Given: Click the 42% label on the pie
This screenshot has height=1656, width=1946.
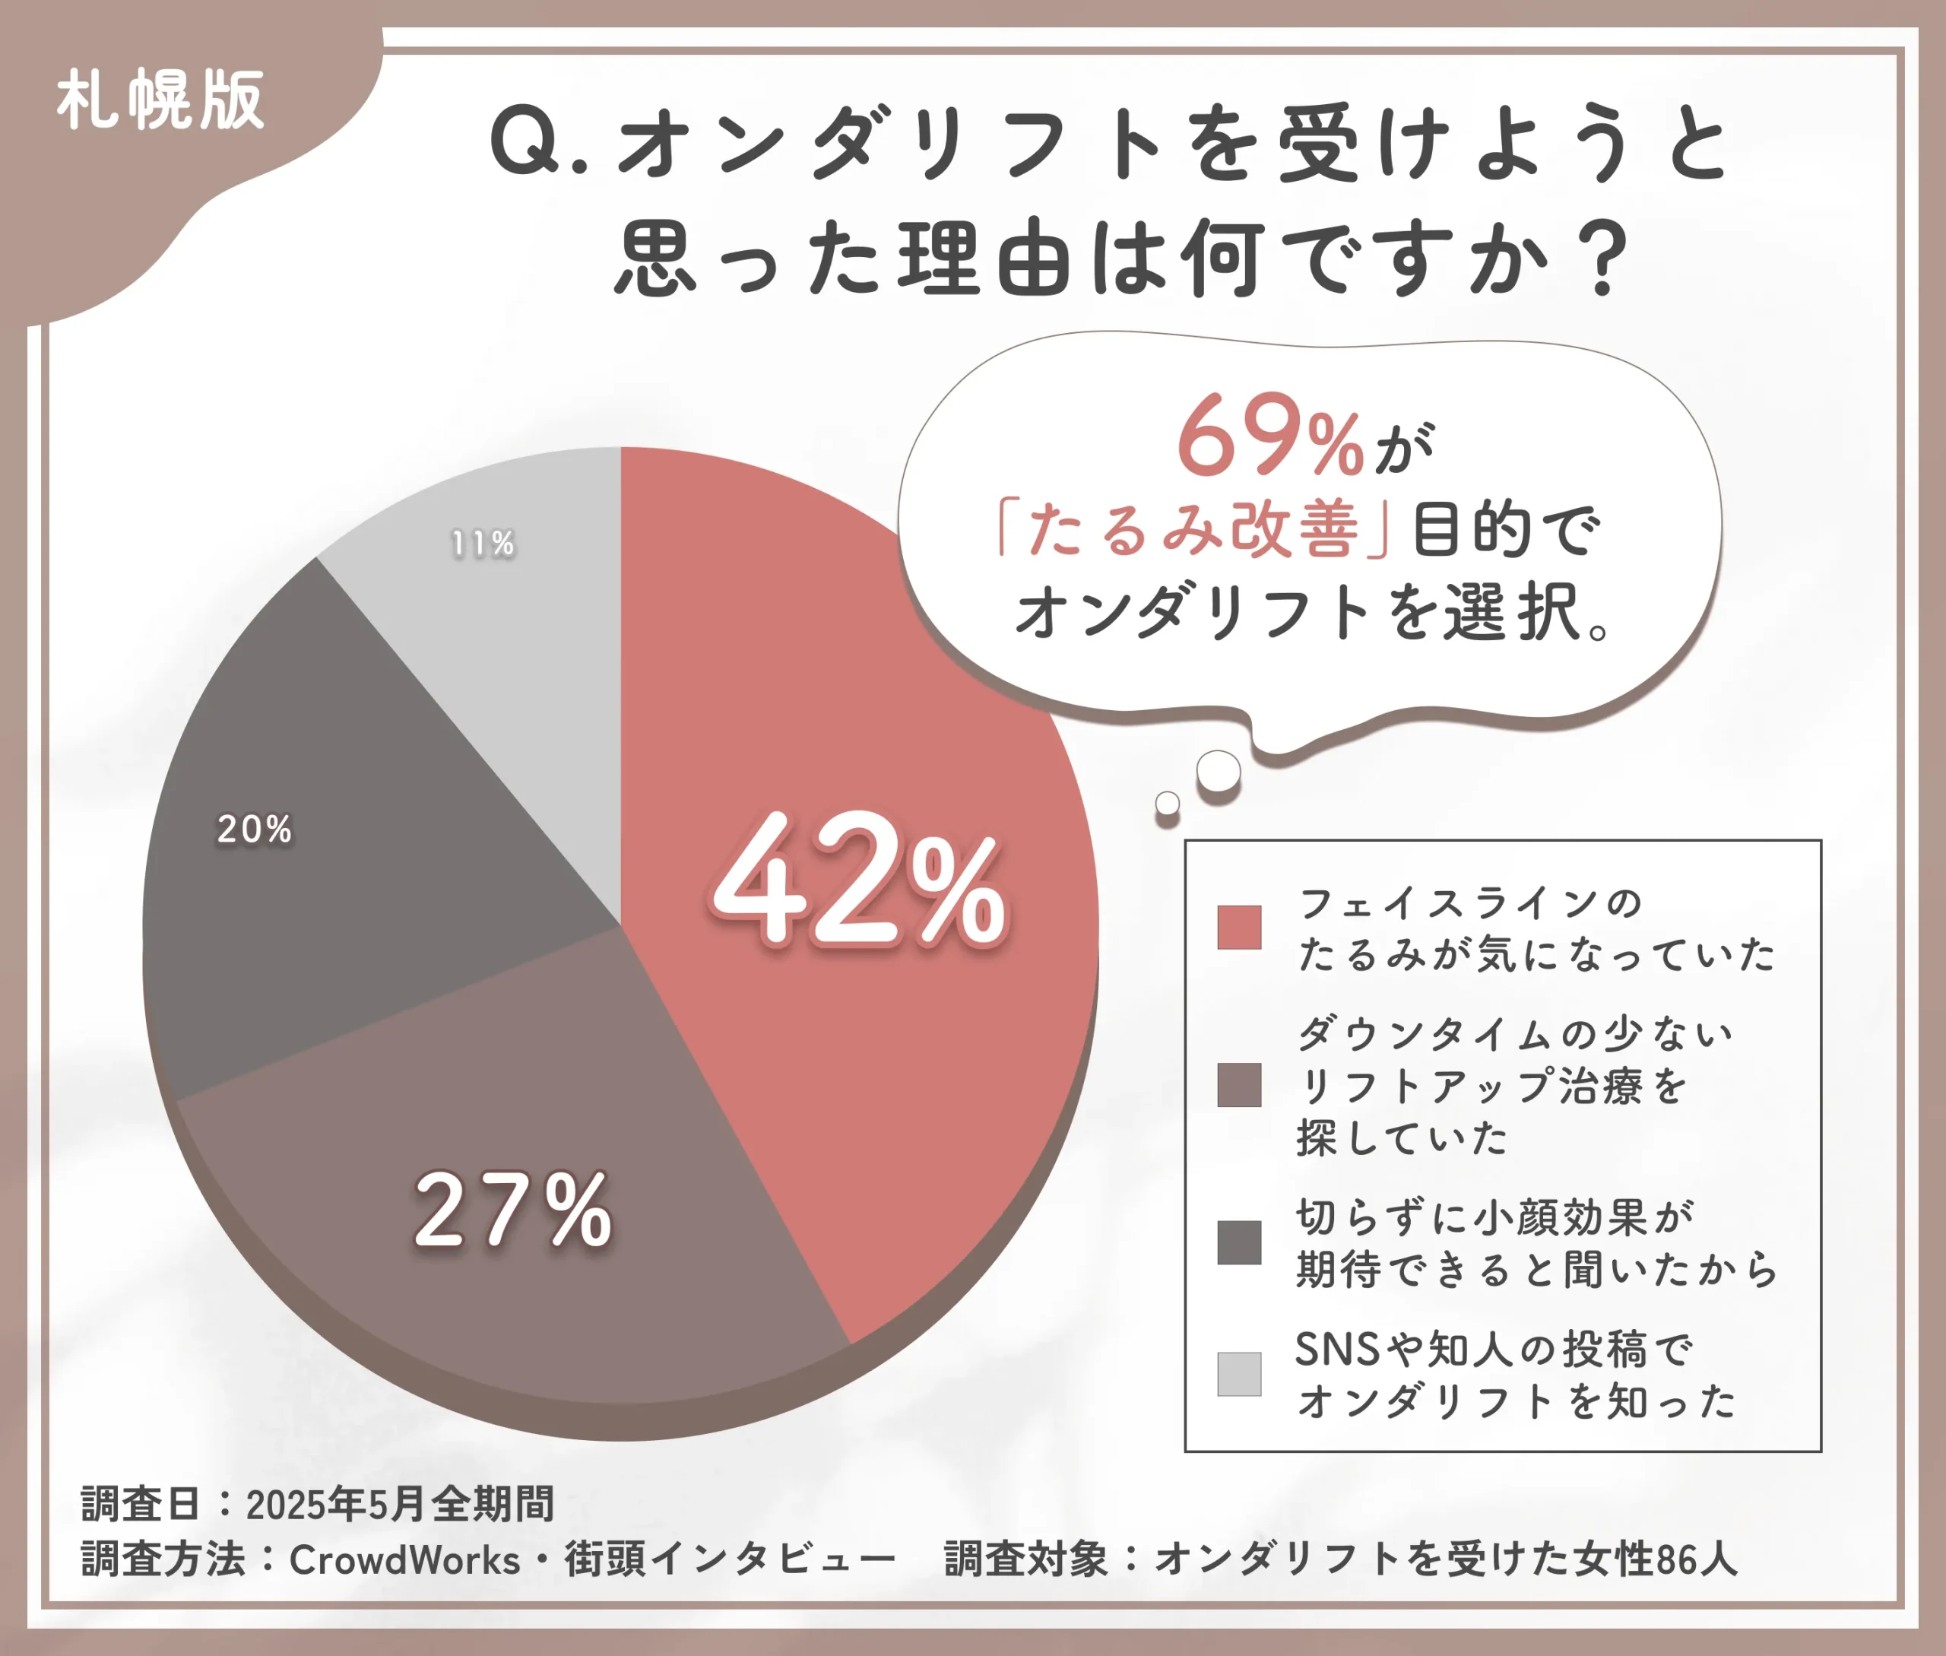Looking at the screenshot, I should [857, 880].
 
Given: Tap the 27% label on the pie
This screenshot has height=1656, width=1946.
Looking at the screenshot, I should [512, 1211].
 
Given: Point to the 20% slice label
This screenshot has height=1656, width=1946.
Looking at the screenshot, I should [255, 829].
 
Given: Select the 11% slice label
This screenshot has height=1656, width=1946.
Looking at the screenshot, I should [483, 544].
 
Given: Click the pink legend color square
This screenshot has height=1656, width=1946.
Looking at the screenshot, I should [1239, 928].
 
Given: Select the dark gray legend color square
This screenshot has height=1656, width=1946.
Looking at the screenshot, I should [1239, 1243].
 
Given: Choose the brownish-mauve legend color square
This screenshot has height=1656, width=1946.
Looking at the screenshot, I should [1239, 1085].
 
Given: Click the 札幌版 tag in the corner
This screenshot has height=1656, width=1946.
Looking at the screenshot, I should [160, 100].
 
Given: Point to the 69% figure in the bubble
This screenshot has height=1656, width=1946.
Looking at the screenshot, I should [1269, 437].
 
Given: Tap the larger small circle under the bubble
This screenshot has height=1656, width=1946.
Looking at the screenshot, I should [1219, 771].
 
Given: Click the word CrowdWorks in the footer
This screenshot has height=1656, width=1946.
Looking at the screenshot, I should [404, 1559].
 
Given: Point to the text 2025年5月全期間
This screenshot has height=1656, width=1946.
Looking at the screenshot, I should [400, 1504].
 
